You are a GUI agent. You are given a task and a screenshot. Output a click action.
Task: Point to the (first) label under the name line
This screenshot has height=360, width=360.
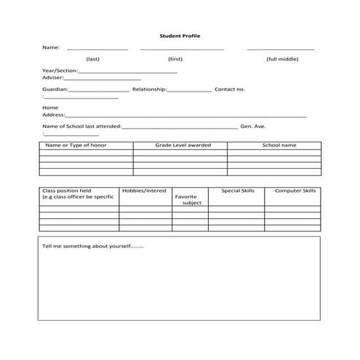175,59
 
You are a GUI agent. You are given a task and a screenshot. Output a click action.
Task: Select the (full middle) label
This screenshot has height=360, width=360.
281,59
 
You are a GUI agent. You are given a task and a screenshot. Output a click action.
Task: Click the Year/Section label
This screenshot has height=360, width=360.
60,71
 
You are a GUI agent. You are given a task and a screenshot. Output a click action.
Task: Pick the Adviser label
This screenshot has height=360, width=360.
55,78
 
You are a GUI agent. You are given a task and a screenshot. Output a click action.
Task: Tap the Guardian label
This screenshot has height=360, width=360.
56,89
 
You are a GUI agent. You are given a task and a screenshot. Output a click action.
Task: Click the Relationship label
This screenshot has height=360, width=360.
150,89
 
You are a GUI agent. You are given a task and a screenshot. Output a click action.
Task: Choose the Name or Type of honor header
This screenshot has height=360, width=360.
76,145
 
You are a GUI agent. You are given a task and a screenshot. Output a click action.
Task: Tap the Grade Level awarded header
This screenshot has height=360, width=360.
183,145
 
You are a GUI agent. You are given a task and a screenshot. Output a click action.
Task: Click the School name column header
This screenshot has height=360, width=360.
279,145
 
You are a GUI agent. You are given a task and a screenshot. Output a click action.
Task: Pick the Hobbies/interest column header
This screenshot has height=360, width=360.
144,191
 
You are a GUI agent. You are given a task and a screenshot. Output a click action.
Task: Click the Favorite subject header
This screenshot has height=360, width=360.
187,200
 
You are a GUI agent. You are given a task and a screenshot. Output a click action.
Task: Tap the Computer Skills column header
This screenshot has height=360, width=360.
295,191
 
